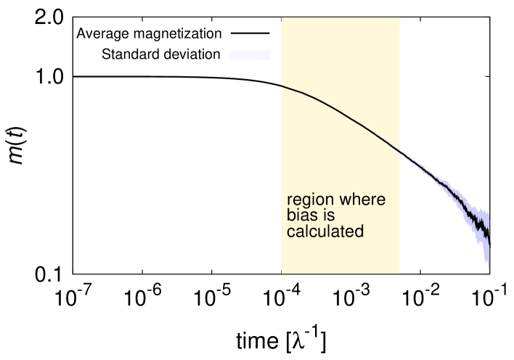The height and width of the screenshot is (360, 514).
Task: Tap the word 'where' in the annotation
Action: (x=361, y=200)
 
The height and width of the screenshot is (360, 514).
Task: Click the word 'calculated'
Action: (x=325, y=232)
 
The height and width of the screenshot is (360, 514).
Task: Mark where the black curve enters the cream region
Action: (x=282, y=86)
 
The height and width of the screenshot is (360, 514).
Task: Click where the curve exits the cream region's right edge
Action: (x=400, y=151)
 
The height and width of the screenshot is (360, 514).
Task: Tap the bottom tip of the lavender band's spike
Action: (x=490, y=274)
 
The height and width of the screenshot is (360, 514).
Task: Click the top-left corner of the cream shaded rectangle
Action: (x=282, y=18)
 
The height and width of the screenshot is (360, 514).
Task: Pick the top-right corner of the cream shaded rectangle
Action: (x=400, y=18)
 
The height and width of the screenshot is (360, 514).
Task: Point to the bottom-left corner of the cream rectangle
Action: (x=282, y=274)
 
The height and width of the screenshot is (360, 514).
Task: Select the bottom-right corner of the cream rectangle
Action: (x=400, y=274)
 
